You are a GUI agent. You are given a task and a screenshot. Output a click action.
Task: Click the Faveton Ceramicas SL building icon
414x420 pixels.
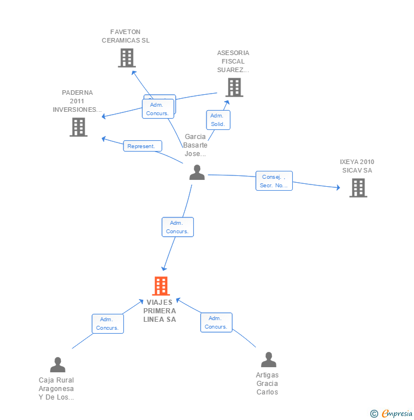[x=126, y=58]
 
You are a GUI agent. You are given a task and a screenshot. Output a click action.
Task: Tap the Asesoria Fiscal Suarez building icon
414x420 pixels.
[x=234, y=87]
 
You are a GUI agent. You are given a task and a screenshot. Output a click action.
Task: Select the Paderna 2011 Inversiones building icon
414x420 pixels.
[x=78, y=127]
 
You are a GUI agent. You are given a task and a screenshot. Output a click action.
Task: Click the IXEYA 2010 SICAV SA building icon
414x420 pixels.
[x=358, y=188]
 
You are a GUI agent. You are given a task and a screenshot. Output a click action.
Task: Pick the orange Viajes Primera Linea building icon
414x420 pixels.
[x=161, y=286]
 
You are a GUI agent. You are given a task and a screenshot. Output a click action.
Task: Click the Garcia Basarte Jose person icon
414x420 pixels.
[x=197, y=173]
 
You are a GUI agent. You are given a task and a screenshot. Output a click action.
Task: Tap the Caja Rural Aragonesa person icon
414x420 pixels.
[x=57, y=364]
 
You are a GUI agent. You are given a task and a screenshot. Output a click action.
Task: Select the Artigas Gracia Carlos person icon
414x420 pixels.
[x=268, y=360]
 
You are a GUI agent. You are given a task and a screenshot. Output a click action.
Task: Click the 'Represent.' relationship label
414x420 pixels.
[x=142, y=146]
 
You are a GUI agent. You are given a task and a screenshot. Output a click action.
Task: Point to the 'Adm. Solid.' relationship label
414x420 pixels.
[x=218, y=120]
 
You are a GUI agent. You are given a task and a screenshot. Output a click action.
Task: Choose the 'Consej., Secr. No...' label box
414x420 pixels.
[x=274, y=180]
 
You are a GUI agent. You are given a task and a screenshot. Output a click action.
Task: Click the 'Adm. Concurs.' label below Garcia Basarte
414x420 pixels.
[x=177, y=227]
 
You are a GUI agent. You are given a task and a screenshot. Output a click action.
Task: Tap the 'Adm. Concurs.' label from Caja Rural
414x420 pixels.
[x=107, y=324]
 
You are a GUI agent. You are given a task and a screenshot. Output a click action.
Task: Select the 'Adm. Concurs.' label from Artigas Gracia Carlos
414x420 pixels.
[x=216, y=322]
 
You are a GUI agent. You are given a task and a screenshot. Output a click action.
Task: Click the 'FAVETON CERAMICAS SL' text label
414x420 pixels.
[x=126, y=36]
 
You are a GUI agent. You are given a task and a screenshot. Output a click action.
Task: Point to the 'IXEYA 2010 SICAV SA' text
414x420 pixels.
[x=357, y=166]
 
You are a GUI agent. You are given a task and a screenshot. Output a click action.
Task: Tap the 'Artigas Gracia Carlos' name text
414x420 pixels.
[x=267, y=384]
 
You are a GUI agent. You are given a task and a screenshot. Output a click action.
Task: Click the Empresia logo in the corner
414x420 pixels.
[x=392, y=414]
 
